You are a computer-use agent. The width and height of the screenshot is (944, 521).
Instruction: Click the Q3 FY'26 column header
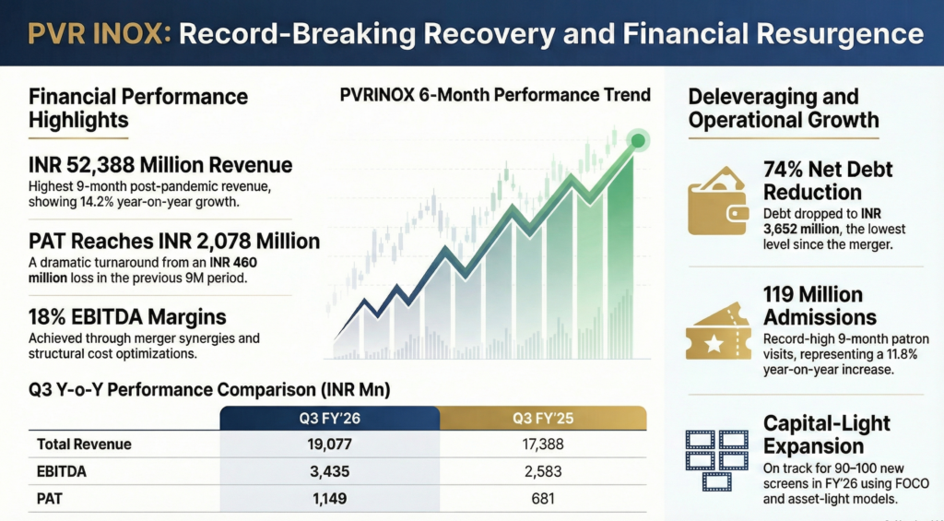(330, 418)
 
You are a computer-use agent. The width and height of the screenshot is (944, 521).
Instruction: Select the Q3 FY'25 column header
(543, 418)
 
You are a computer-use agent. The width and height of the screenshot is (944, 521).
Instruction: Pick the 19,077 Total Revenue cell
(330, 444)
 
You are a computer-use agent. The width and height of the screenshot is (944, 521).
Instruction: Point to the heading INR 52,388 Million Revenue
(161, 166)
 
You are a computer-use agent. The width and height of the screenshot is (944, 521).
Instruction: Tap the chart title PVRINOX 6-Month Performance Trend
(495, 95)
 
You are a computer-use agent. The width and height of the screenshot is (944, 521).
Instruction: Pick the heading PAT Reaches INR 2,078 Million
(175, 242)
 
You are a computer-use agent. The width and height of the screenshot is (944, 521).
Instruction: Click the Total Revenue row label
(84, 444)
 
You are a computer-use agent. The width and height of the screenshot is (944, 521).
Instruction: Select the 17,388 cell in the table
(543, 444)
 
